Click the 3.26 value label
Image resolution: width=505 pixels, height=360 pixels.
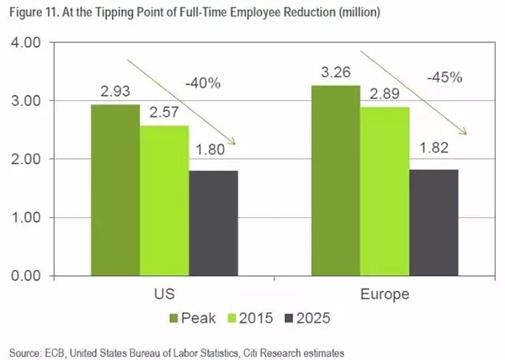pos(336,71)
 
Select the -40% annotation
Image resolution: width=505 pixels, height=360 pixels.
pos(204,83)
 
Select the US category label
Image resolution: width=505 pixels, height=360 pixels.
pos(164,295)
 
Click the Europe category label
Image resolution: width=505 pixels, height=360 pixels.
pos(385,295)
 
